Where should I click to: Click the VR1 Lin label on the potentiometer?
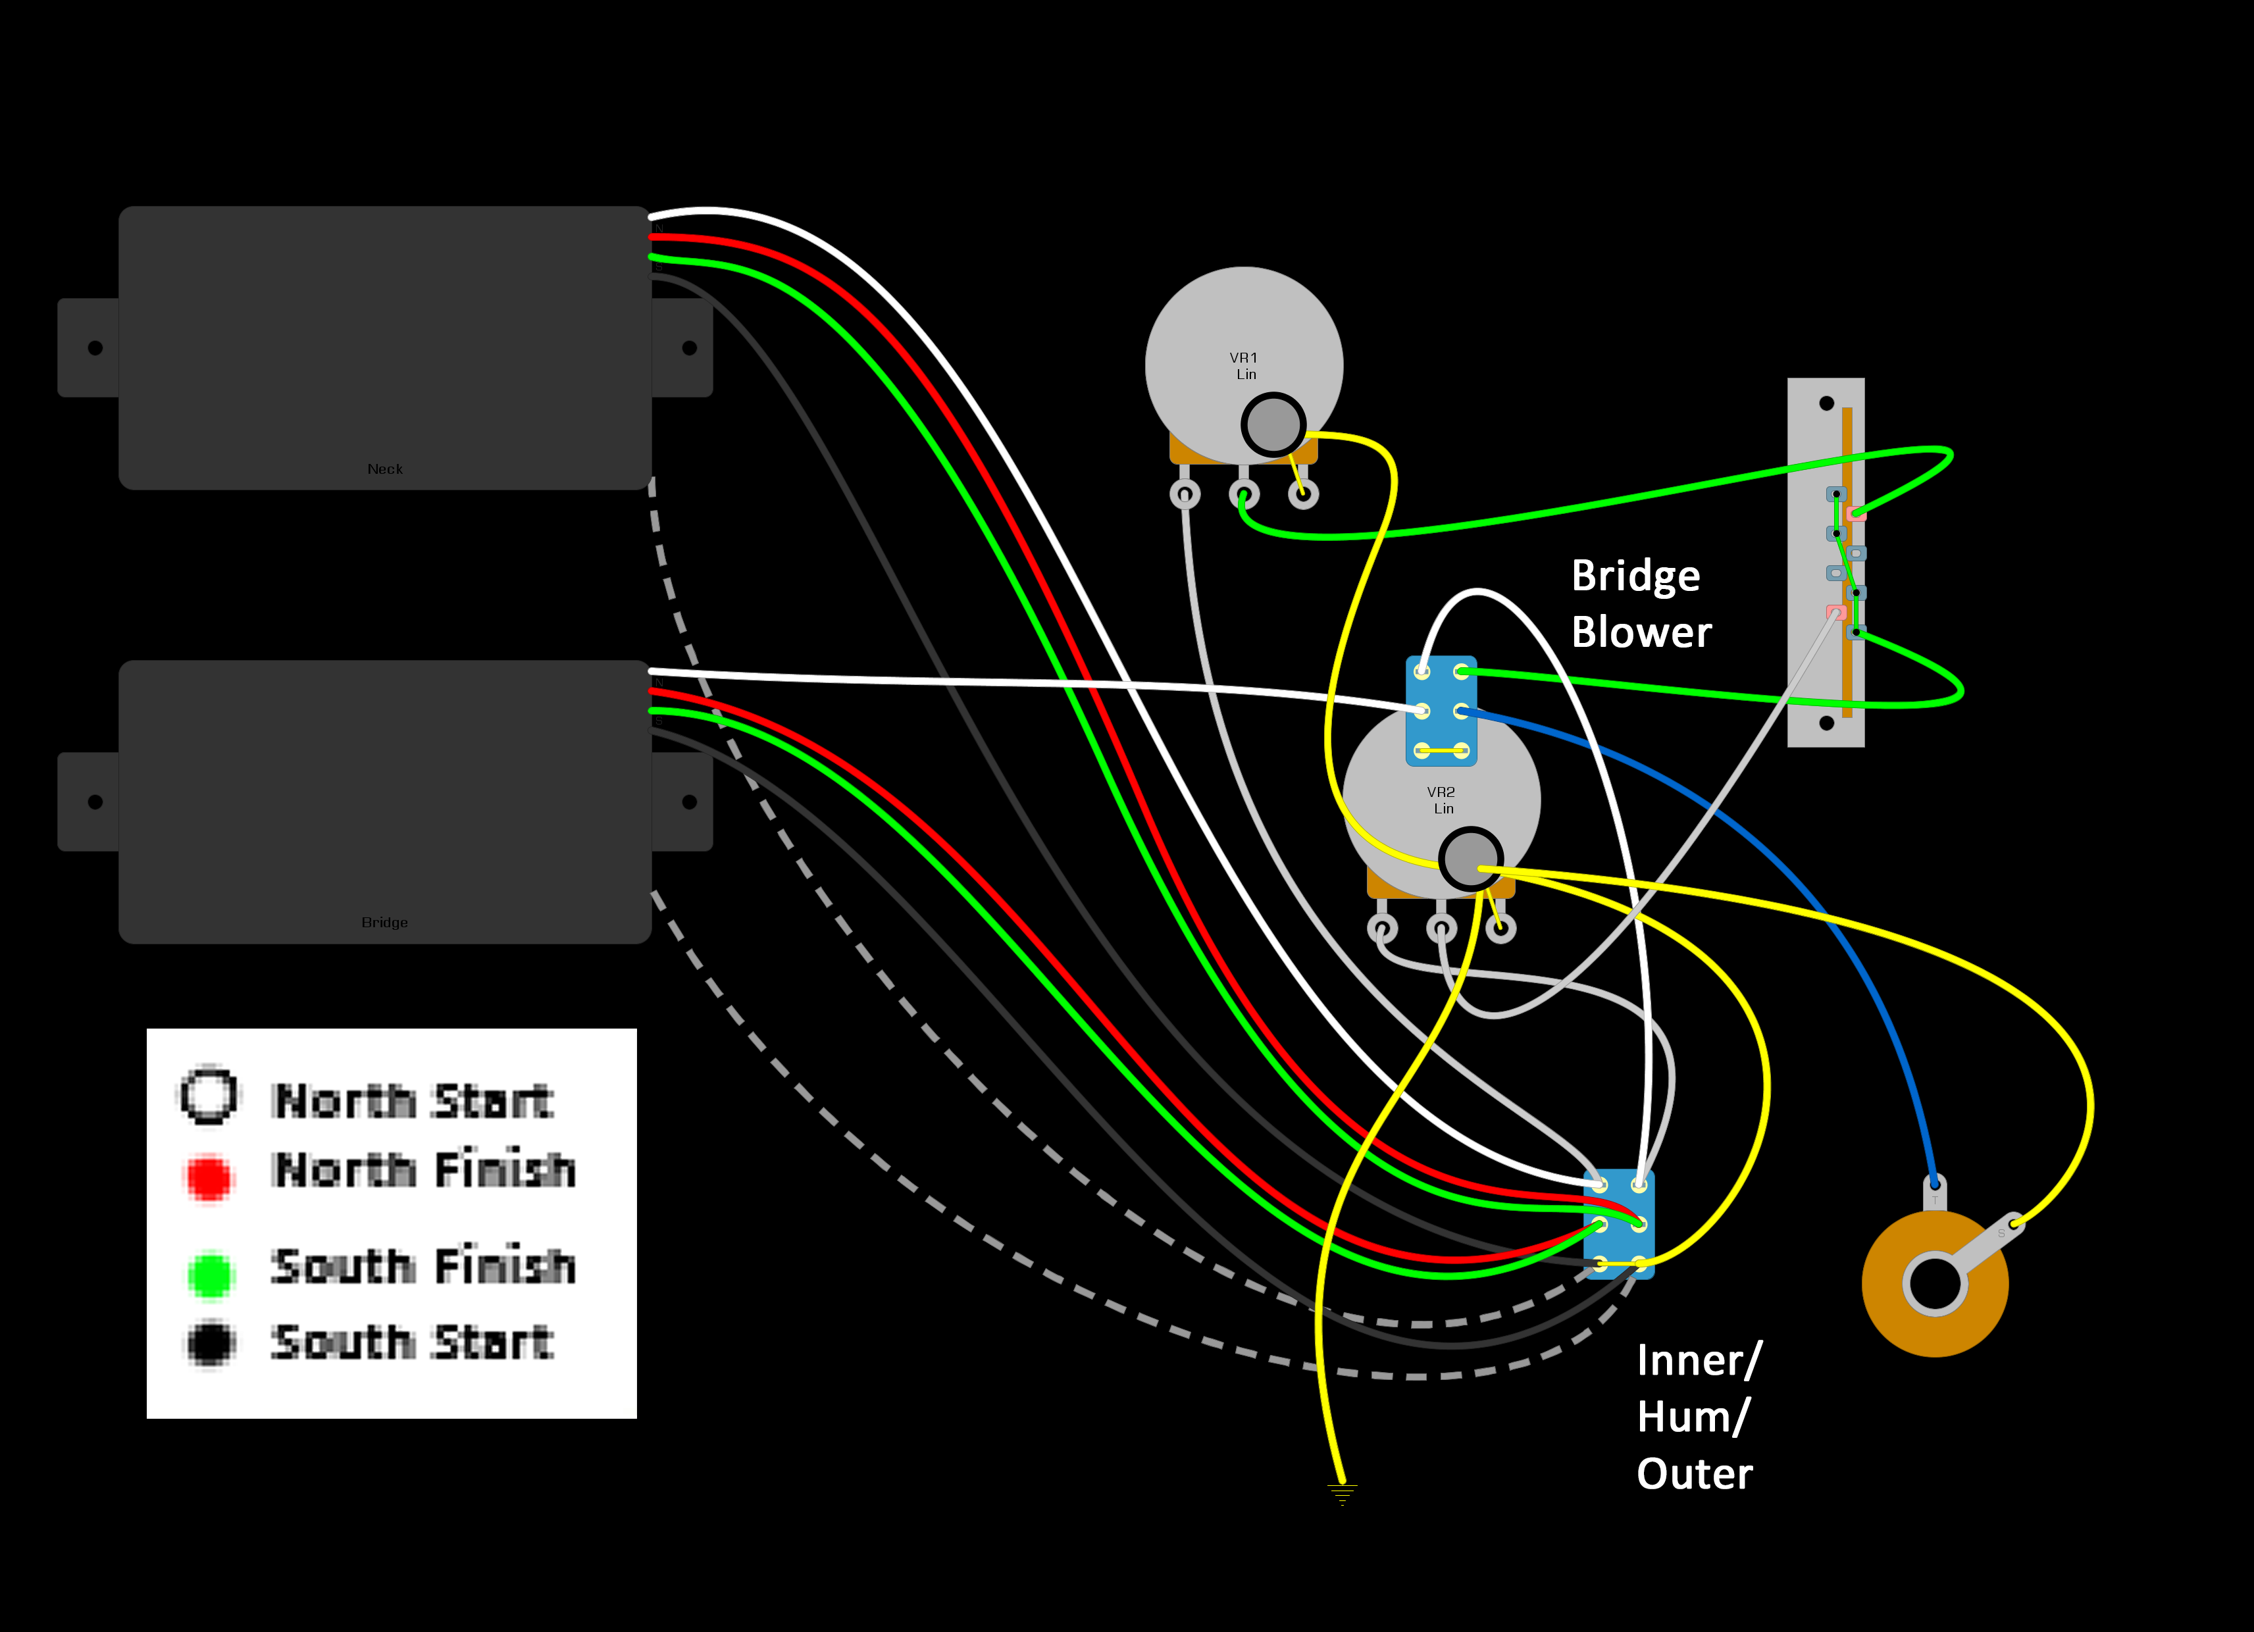point(1244,366)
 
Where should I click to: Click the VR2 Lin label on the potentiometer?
point(1441,800)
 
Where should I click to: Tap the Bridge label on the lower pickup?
point(384,923)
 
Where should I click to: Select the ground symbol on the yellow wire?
point(1342,1493)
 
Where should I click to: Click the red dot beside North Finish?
point(209,1177)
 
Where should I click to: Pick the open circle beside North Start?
point(209,1095)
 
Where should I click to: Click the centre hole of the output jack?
point(1934,1283)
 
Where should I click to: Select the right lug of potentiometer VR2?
point(1500,929)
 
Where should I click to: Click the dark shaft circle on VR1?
point(1273,424)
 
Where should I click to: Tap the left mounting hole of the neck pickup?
point(95,348)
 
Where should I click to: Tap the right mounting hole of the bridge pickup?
point(690,802)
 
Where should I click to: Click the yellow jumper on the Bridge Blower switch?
point(1441,750)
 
